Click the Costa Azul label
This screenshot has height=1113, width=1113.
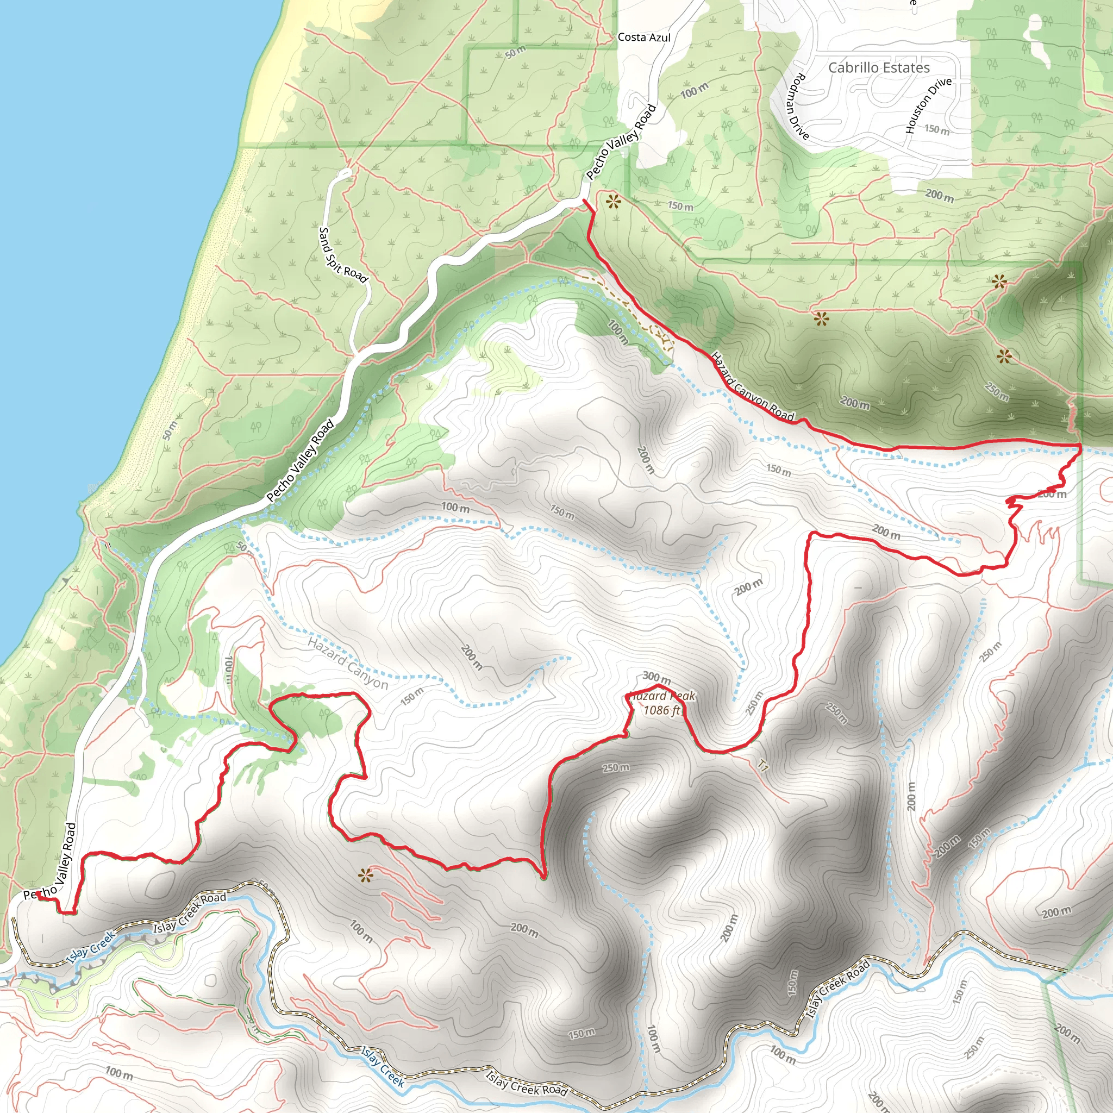pyautogui.click(x=644, y=37)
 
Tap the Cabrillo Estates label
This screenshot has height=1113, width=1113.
pyautogui.click(x=879, y=67)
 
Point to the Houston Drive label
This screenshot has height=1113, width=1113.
pyautogui.click(x=927, y=106)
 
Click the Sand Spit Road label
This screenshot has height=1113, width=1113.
pyautogui.click(x=343, y=255)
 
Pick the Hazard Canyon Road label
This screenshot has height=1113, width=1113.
pyautogui.click(x=752, y=386)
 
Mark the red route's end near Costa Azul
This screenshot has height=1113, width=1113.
pyautogui.click(x=585, y=201)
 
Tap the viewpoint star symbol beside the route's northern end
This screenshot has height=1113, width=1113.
pyautogui.click(x=613, y=202)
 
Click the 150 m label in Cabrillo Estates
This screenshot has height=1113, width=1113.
pyautogui.click(x=937, y=130)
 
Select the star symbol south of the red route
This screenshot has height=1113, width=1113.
pyautogui.click(x=365, y=876)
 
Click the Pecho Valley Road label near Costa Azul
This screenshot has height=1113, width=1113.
pyautogui.click(x=621, y=142)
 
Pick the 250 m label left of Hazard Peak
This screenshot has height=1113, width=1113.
pyautogui.click(x=616, y=768)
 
